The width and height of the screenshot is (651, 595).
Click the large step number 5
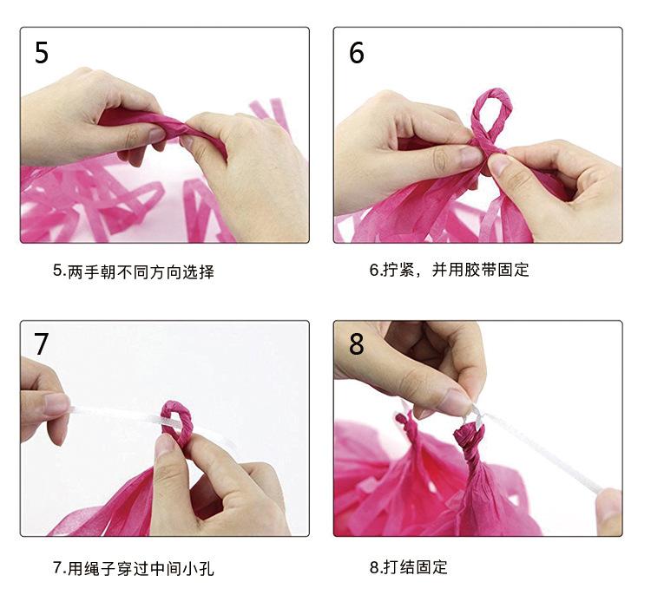(42, 53)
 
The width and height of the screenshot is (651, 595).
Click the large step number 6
(356, 53)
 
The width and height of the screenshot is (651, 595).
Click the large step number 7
(41, 344)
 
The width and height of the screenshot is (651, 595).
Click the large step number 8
(356, 344)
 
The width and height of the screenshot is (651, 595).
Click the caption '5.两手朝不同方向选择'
(134, 272)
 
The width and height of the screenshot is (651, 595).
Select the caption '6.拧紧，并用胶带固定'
(450, 270)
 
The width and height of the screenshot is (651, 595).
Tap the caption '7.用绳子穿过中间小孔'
(134, 568)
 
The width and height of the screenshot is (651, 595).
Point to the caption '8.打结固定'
(409, 566)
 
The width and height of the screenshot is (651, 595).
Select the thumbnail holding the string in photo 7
(56, 403)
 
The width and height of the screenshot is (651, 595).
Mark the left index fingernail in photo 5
(156, 134)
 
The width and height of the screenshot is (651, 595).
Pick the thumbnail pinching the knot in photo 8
(457, 400)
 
